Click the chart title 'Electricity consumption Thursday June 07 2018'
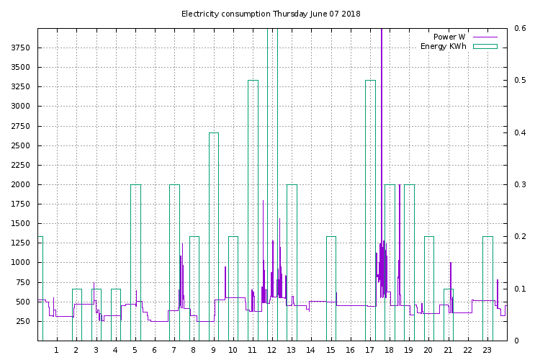pyautogui.click(x=271, y=14)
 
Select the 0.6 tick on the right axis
pyautogui.click(x=520, y=28)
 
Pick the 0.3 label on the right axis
pyautogui.click(x=520, y=184)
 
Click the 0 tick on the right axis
pyautogui.click(x=516, y=341)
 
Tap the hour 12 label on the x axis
pyautogui.click(x=272, y=350)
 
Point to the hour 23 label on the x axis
pyautogui.click(x=487, y=350)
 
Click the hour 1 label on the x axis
pyautogui.click(x=56, y=350)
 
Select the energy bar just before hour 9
pyautogui.click(x=214, y=238)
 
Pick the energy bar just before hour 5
pyautogui.click(x=135, y=263)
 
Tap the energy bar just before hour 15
pyautogui.click(x=331, y=288)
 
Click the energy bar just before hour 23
pyautogui.click(x=487, y=288)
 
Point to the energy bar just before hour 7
pyautogui.click(x=174, y=263)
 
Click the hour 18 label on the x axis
pyautogui.click(x=390, y=350)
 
